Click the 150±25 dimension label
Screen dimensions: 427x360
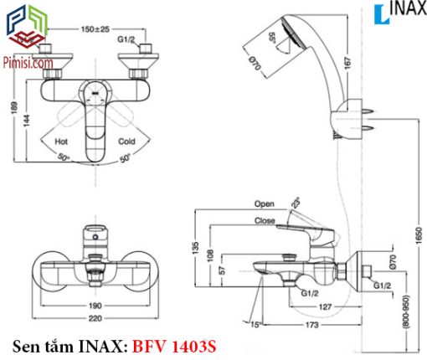pyautogui.click(x=95, y=29)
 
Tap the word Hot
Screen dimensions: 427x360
pyautogui.click(x=61, y=141)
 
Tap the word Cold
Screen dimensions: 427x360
pyautogui.click(x=126, y=141)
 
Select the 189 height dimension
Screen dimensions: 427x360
pyautogui.click(x=14, y=108)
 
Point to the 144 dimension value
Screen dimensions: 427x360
pyautogui.click(x=27, y=121)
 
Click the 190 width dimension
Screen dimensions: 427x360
pyautogui.click(x=95, y=306)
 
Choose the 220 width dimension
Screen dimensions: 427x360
pyautogui.click(x=95, y=318)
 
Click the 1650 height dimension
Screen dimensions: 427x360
pyautogui.click(x=419, y=235)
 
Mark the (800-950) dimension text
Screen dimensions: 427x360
pyautogui.click(x=406, y=311)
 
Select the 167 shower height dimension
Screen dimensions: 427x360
pyautogui.click(x=347, y=64)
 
